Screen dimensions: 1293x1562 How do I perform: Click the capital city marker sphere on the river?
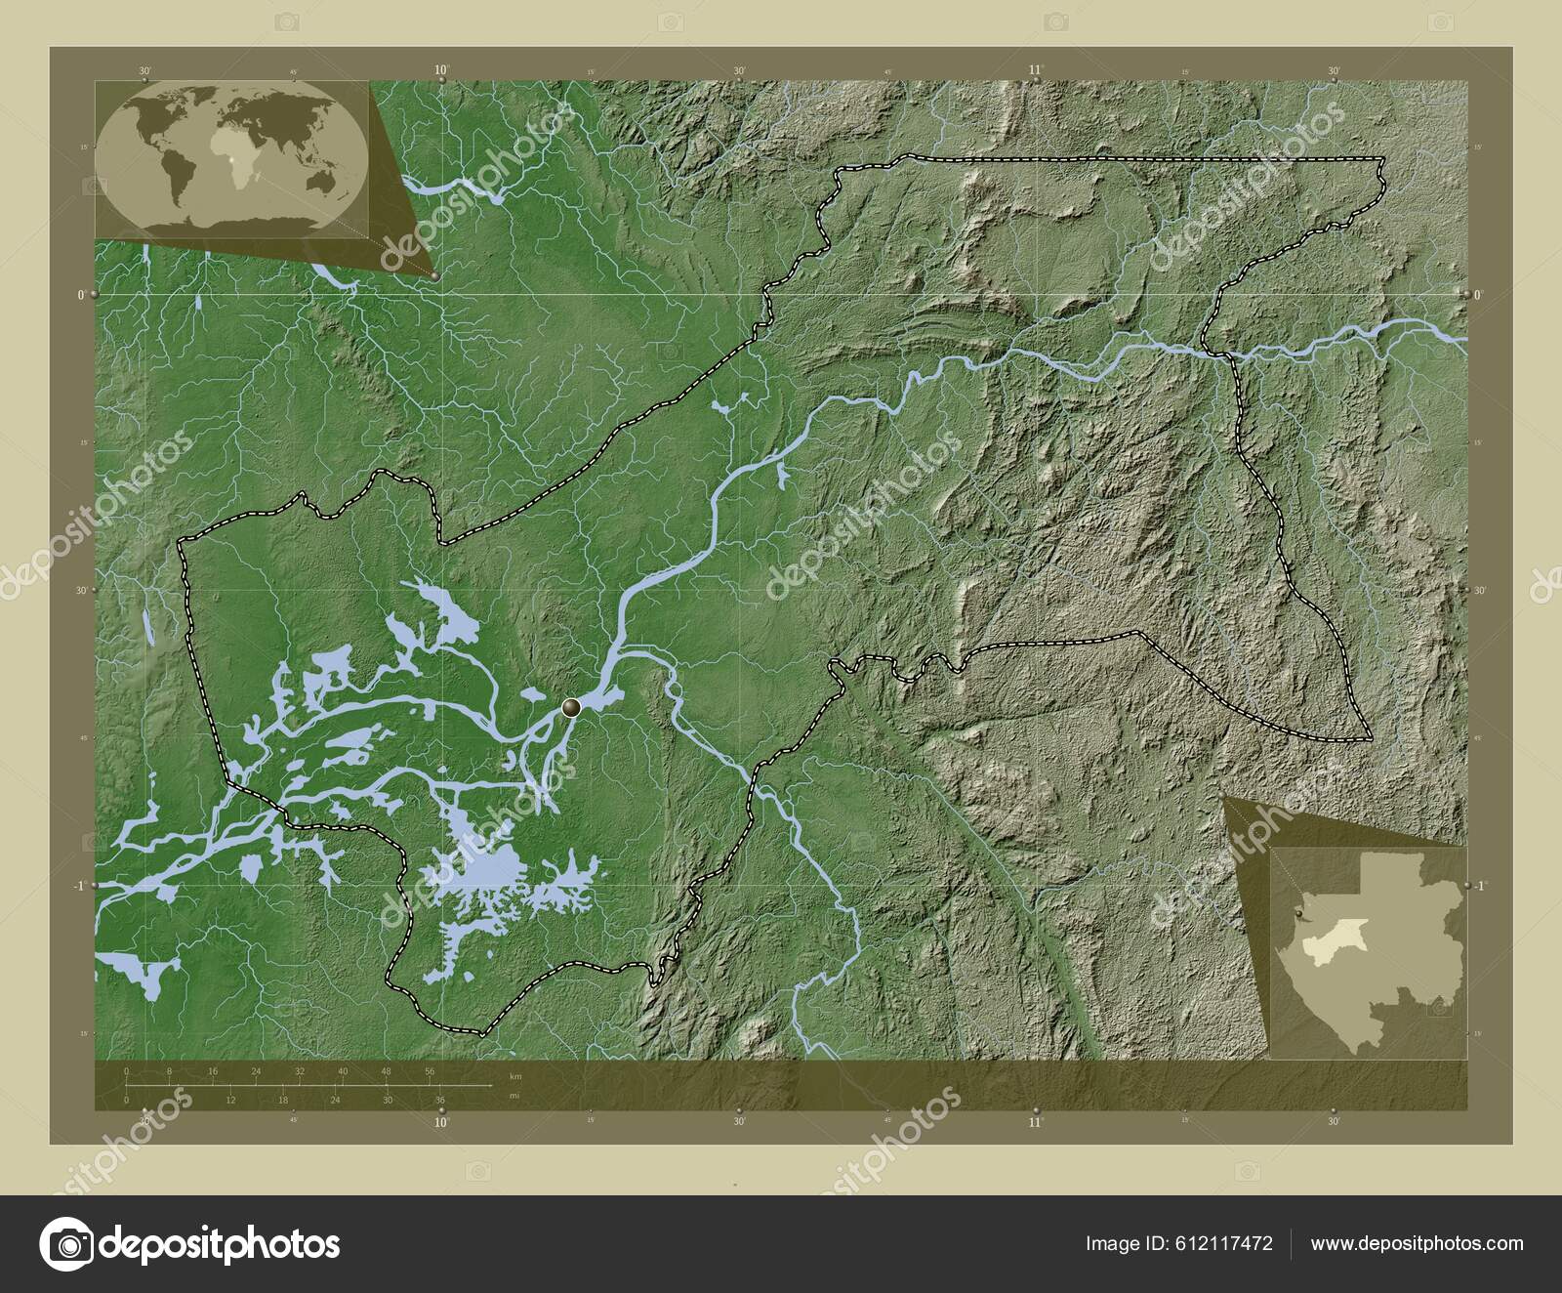(x=572, y=707)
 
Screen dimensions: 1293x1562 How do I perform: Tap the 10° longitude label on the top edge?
(x=441, y=69)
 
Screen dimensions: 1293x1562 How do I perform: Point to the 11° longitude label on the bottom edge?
(x=1036, y=1123)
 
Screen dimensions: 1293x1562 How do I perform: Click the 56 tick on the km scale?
(x=430, y=1072)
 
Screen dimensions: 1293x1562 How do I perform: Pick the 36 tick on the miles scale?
(x=440, y=1101)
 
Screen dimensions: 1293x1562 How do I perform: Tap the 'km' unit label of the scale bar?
(x=514, y=1076)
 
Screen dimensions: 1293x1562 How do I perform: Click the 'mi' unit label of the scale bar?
(x=514, y=1096)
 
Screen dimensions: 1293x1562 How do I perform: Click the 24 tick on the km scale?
(x=256, y=1072)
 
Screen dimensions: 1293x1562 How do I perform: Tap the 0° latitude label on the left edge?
(x=80, y=294)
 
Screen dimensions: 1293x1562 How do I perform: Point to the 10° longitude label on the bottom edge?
(x=441, y=1123)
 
